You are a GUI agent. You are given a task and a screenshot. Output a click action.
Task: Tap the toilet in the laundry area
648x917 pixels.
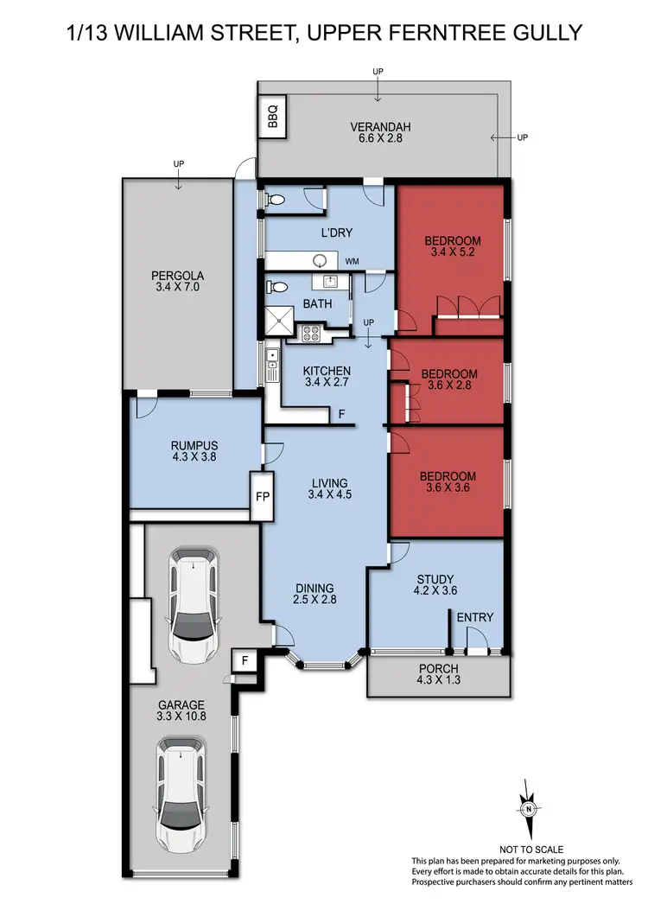coord(275,200)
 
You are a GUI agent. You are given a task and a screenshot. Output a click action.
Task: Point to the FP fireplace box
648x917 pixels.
coord(261,498)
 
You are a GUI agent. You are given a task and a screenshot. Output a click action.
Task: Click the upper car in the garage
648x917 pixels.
coord(192,602)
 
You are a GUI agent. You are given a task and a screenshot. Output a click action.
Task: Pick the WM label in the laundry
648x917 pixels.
coord(353,260)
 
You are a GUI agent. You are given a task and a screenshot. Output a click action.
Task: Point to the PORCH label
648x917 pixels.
coord(439,669)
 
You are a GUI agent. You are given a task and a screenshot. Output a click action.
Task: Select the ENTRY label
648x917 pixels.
coord(474,617)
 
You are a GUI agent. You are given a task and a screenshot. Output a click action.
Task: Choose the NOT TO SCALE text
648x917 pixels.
coord(527,850)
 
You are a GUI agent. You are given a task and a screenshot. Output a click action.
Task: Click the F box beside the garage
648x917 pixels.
coord(245,661)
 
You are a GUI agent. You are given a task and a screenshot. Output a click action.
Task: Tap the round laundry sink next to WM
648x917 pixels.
coord(321,261)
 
